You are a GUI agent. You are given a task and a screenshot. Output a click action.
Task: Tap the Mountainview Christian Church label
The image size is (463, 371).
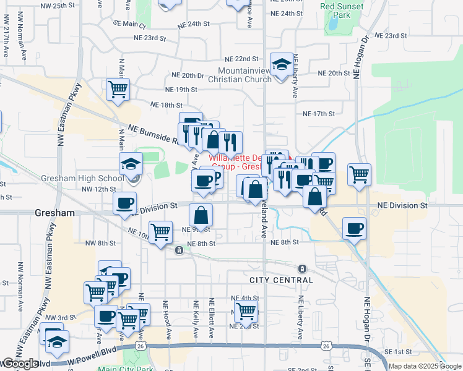[x=240, y=75]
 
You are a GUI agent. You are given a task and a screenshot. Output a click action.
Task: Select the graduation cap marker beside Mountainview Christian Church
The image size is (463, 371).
[x=282, y=64]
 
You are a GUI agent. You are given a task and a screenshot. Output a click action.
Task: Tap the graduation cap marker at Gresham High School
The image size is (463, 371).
[x=131, y=164]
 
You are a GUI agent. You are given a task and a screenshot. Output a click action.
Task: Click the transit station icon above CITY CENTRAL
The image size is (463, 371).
[x=302, y=269]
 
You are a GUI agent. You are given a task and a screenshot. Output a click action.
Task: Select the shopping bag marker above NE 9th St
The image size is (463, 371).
[x=201, y=216]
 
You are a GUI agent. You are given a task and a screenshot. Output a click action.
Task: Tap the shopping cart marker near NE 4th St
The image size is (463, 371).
[x=246, y=312]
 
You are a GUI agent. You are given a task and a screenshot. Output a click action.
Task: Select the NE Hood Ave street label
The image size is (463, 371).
[x=168, y=320]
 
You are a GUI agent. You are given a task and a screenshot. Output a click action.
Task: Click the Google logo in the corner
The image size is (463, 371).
[x=20, y=364]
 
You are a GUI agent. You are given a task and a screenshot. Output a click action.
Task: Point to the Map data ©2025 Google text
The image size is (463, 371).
[x=425, y=366]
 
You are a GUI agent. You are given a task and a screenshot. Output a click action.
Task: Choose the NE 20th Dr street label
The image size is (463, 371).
[x=188, y=75]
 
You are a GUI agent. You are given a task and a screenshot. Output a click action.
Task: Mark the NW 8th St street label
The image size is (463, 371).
[x=111, y=243]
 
